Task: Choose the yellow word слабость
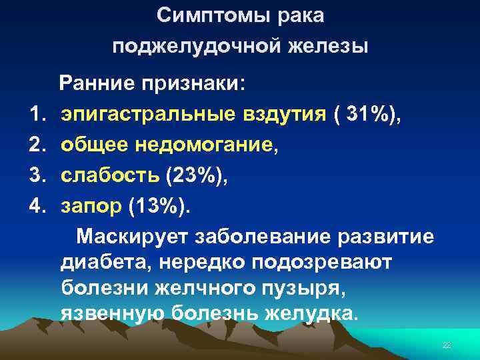click(x=110, y=174)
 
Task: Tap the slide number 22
click(x=447, y=345)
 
